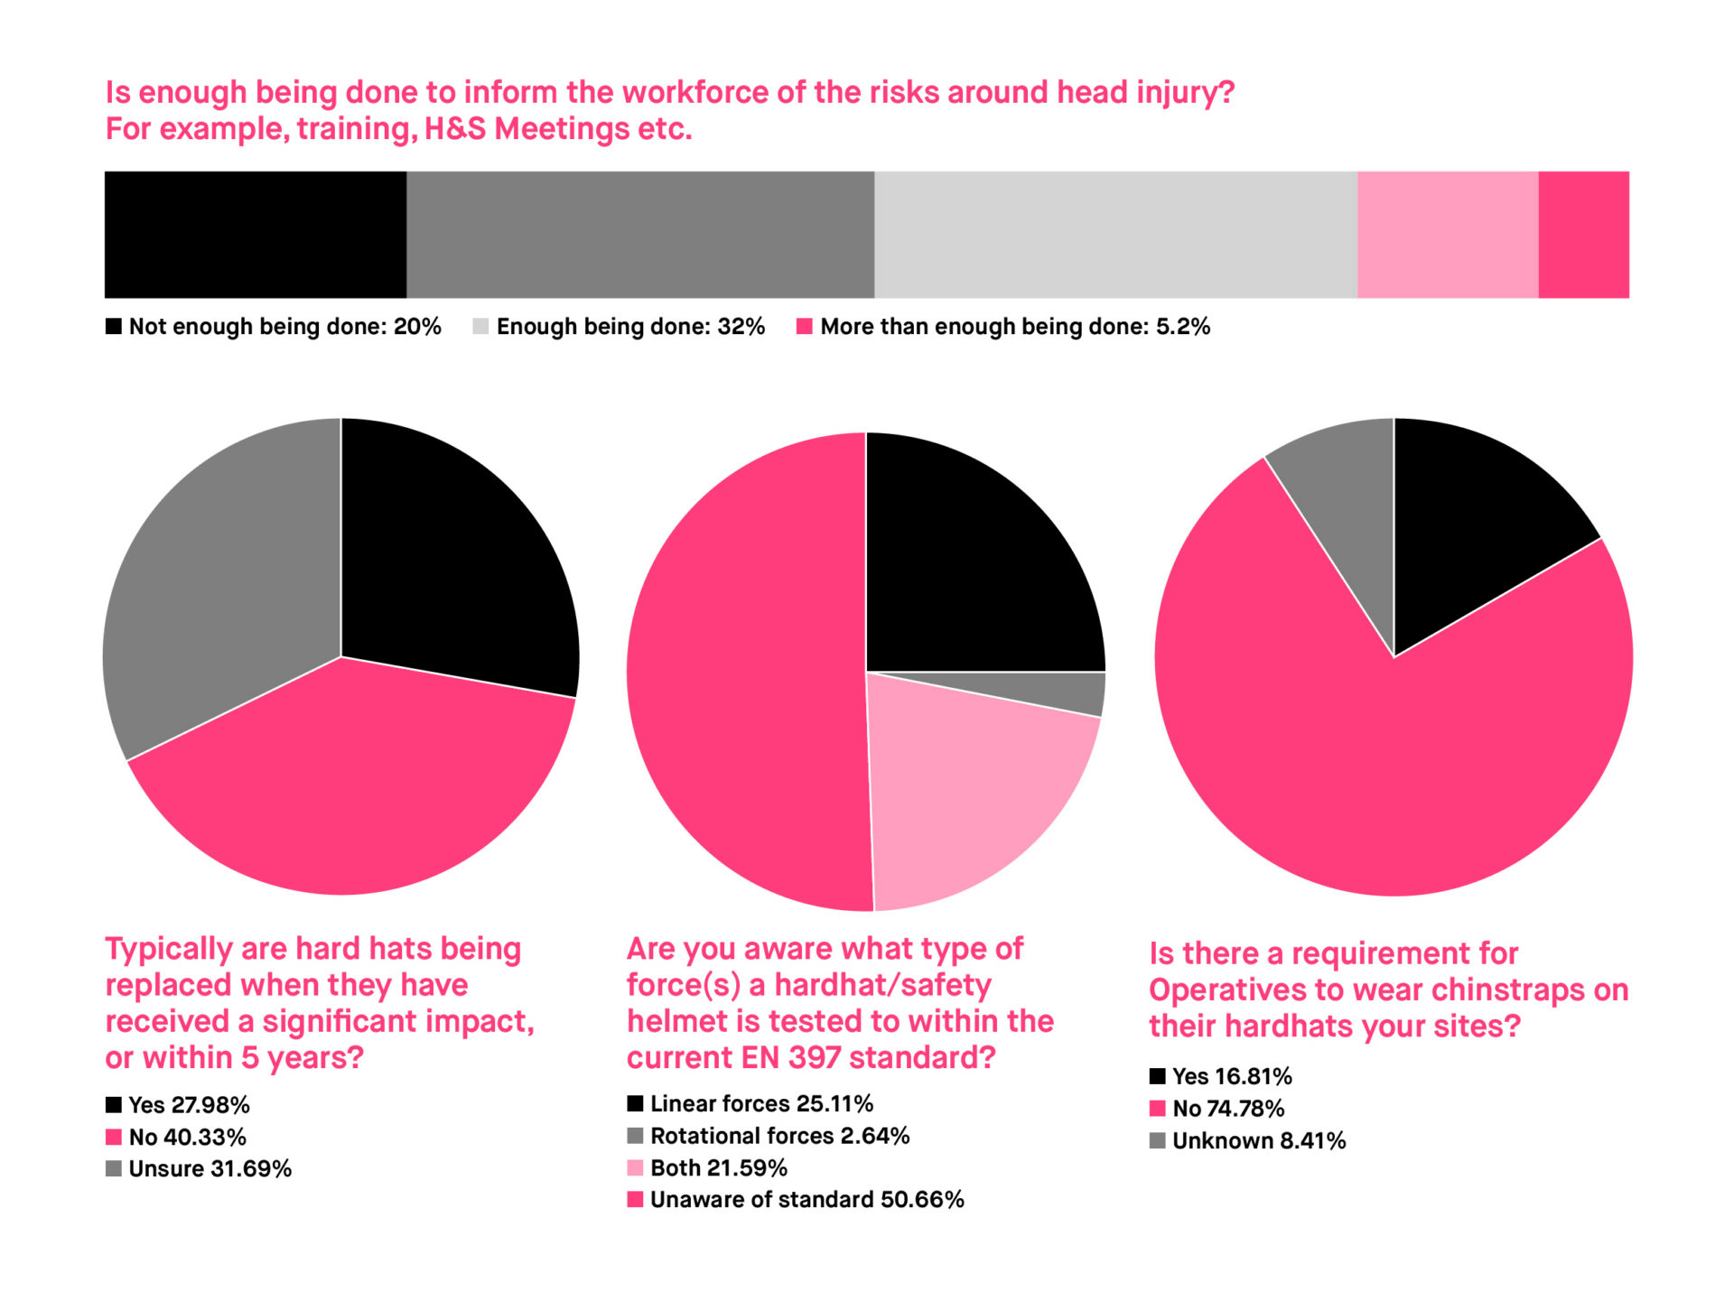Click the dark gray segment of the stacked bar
(639, 235)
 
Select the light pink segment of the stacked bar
(1447, 235)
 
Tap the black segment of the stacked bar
(255, 235)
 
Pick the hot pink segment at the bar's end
(1583, 235)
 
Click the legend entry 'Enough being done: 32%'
(629, 327)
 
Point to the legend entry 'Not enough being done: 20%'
(284, 327)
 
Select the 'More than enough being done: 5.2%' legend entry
(1014, 327)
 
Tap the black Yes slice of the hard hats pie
(452, 560)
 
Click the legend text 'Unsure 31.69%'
(210, 1169)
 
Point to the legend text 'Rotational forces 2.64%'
(779, 1136)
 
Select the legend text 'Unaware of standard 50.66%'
(806, 1200)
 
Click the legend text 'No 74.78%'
(1228, 1109)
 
